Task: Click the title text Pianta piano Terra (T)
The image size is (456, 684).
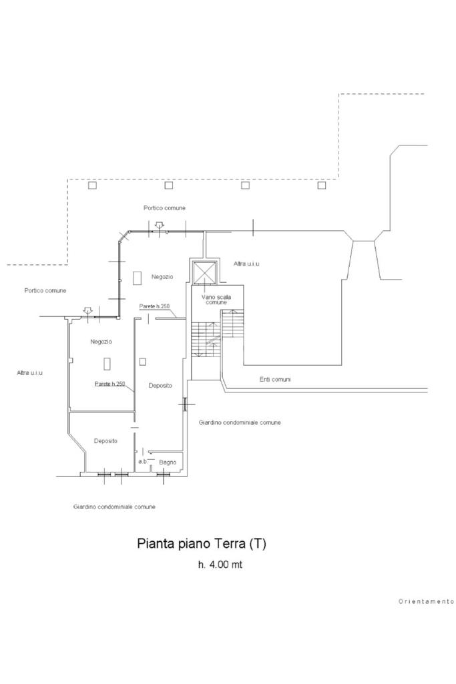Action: coord(202,543)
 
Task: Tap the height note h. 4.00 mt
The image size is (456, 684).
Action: coord(220,565)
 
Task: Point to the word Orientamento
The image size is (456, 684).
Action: coord(426,601)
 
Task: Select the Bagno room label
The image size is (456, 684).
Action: coord(168,462)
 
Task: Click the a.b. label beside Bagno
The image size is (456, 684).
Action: coord(142,461)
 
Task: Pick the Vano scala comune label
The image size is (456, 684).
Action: coord(217,299)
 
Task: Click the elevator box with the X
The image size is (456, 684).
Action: coord(204,272)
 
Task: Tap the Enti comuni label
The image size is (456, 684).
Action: coord(275,379)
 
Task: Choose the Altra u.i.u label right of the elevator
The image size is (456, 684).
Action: coord(246,264)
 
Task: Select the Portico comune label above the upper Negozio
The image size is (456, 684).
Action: coord(165,208)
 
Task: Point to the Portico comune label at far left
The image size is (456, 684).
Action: coord(45,290)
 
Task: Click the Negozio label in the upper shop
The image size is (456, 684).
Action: coord(162,276)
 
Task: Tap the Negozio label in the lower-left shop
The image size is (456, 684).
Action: coord(101,342)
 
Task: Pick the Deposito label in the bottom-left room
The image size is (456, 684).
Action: coord(105,441)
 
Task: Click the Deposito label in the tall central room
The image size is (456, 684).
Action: coord(160,386)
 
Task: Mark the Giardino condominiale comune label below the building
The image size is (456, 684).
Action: coord(114,507)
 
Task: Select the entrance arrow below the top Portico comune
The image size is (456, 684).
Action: coord(158,226)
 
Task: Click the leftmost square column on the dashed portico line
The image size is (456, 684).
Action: coord(93,186)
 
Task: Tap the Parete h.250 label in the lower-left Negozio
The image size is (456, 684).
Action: coord(110,384)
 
